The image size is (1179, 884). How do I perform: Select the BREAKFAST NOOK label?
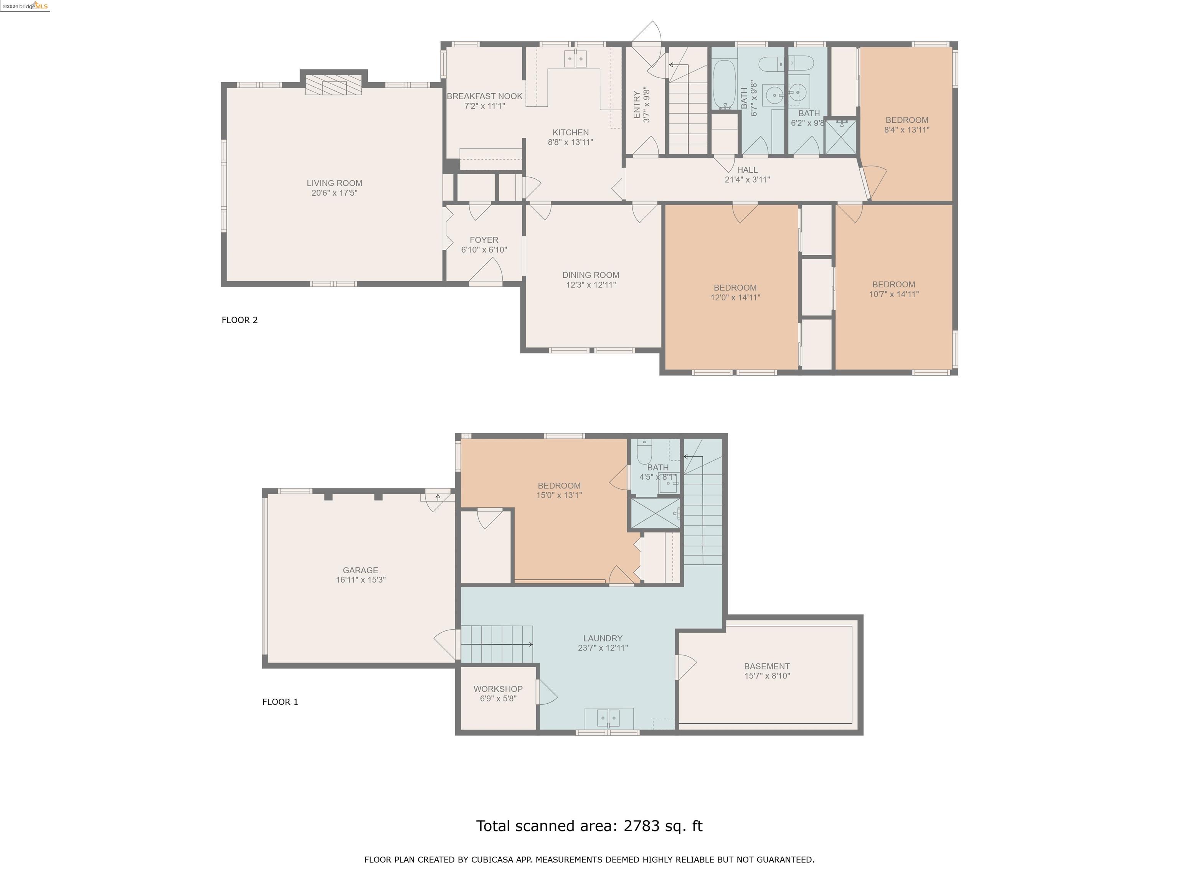click(484, 96)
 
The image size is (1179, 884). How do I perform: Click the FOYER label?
click(484, 240)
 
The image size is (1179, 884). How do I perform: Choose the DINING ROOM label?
click(591, 275)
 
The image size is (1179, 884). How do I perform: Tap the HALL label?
click(747, 170)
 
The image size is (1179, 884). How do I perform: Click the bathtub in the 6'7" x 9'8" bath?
click(724, 84)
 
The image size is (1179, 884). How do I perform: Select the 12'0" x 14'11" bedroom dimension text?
click(735, 297)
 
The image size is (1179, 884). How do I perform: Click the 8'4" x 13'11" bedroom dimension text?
click(907, 129)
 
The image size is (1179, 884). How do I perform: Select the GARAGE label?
click(360, 570)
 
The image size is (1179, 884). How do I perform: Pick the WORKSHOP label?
click(498, 689)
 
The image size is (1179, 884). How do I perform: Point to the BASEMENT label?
click(767, 666)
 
